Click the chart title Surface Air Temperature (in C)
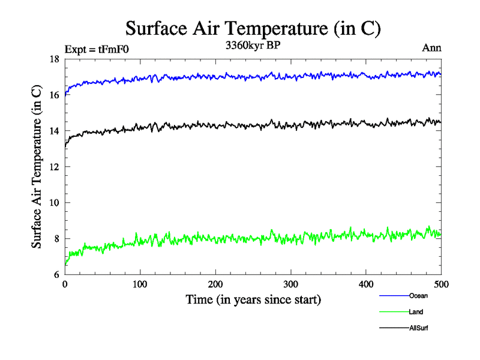coord(253,28)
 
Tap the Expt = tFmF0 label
coord(96,49)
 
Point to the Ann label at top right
coord(432,48)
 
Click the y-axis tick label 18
coord(53,59)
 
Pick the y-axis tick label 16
coord(53,95)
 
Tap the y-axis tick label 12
coord(53,167)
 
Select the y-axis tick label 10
coord(53,203)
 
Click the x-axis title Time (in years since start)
coord(253,299)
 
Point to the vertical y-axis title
coord(37,167)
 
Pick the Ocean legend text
coord(419,296)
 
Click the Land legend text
coord(416,312)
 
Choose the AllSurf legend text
coord(419,328)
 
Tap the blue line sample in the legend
coord(394,296)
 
